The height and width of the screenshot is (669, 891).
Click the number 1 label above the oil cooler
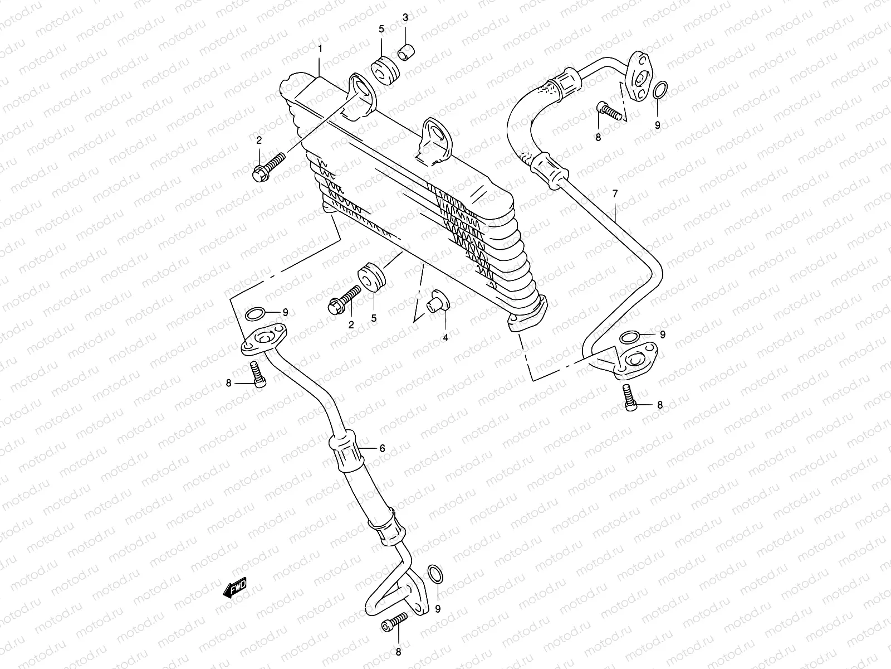pos(320,49)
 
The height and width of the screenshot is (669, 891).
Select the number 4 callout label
pos(445,337)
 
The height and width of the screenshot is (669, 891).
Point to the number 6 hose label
pos(382,448)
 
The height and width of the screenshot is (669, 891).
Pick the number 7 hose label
pos(615,194)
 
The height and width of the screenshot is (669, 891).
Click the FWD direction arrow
pos(234,589)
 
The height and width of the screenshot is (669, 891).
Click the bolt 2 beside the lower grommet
pos(345,299)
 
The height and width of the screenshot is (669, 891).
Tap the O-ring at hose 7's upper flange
pos(659,90)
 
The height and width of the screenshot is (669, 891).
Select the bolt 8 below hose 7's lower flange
pos(629,397)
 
